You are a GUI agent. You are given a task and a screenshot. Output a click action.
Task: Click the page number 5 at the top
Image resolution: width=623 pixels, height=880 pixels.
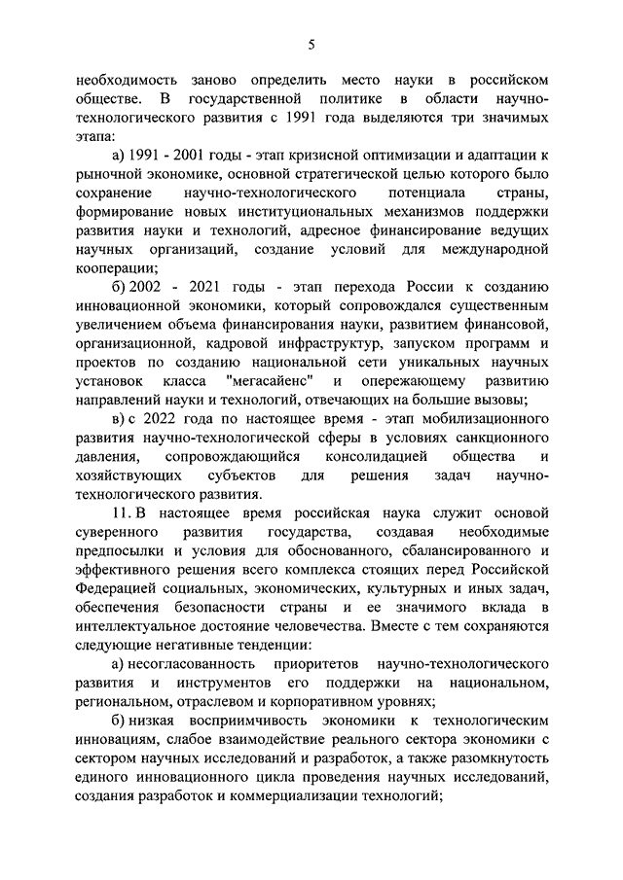(311, 44)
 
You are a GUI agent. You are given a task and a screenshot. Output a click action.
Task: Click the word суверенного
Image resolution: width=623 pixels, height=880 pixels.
(115, 531)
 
